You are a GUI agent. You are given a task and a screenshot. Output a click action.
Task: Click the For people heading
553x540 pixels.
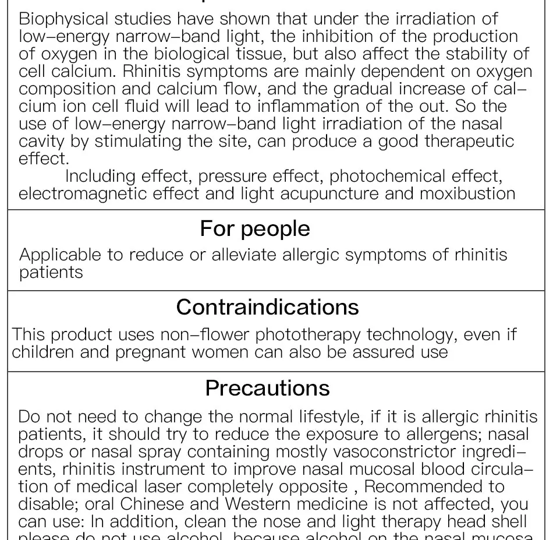coord(255,228)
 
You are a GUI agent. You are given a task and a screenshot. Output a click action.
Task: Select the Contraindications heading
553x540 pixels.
coord(268,307)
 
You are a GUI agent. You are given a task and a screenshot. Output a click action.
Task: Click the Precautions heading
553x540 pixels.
coord(267,388)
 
